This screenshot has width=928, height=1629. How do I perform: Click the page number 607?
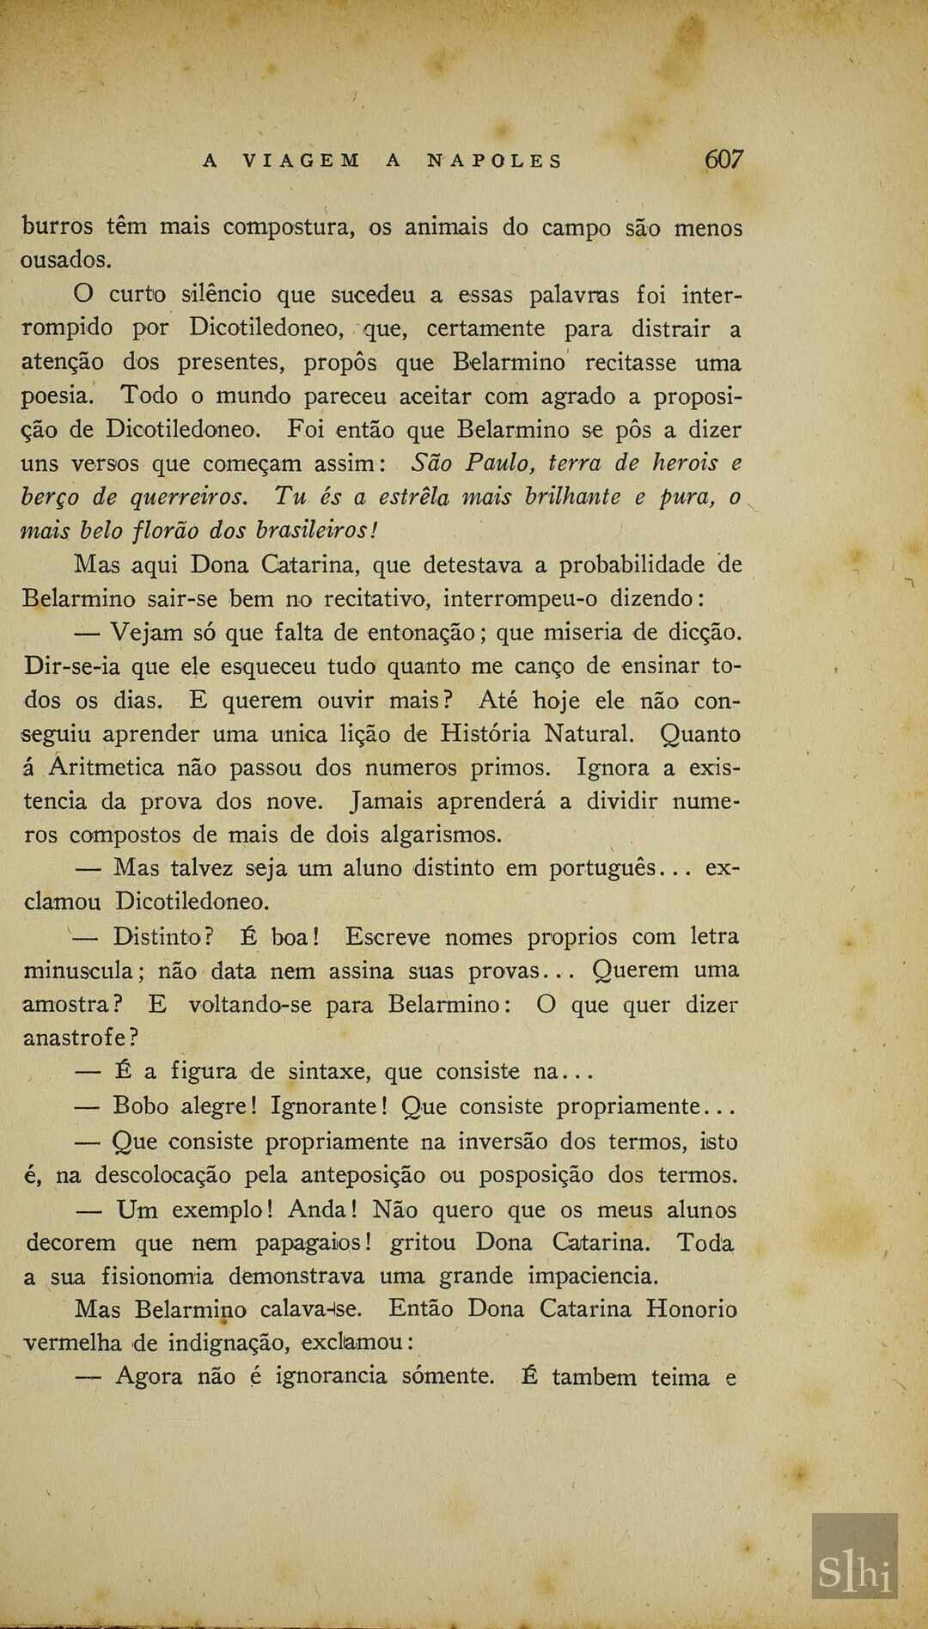[x=723, y=159]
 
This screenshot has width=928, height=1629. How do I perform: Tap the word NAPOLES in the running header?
[x=495, y=161]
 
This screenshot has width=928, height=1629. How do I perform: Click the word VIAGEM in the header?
[x=302, y=161]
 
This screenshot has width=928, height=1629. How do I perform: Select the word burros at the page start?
[x=58, y=227]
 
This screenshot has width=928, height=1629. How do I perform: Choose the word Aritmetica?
[x=107, y=767]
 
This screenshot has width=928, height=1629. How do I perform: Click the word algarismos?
[x=439, y=835]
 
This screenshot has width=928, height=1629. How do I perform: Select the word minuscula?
[x=77, y=971]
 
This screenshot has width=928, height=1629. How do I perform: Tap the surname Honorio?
[x=692, y=1309]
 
